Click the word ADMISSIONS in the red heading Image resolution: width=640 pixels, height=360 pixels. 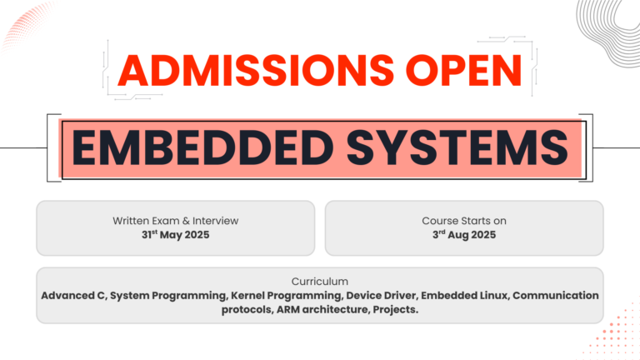256,71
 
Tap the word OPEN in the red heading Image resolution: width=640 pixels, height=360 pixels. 464,71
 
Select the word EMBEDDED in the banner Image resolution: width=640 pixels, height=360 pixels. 202,147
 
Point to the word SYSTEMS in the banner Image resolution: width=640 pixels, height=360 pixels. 457,147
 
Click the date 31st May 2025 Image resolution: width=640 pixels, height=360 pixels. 176,235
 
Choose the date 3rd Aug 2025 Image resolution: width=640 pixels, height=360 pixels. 464,235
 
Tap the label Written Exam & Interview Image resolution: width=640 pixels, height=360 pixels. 176,221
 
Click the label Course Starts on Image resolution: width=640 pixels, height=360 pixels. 464,221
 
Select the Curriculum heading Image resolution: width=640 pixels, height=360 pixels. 320,282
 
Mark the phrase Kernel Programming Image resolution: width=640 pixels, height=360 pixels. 287,296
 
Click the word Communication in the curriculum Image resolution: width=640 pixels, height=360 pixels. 556,296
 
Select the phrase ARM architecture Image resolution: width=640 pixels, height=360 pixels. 322,309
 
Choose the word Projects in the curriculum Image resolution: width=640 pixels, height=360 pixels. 396,310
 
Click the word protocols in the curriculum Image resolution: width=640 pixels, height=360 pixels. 247,310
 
